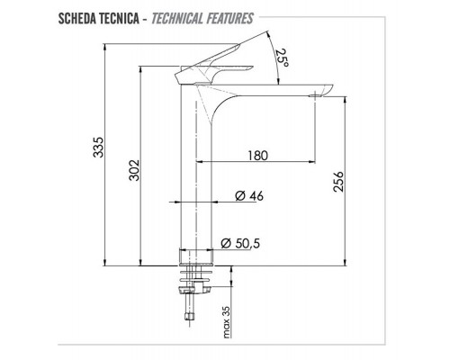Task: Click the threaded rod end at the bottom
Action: [x=189, y=316]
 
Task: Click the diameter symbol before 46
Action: [x=239, y=195]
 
